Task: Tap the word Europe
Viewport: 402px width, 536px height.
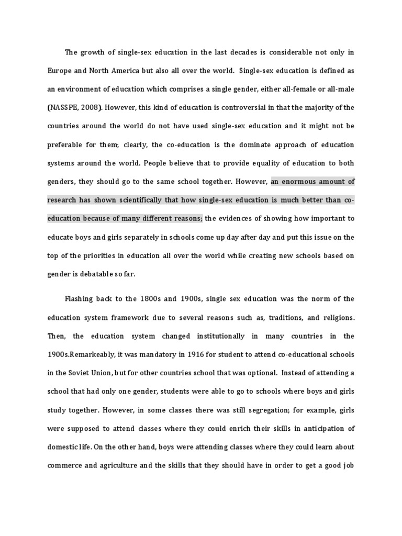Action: click(x=60, y=71)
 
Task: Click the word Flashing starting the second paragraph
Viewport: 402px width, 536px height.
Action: click(x=79, y=299)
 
